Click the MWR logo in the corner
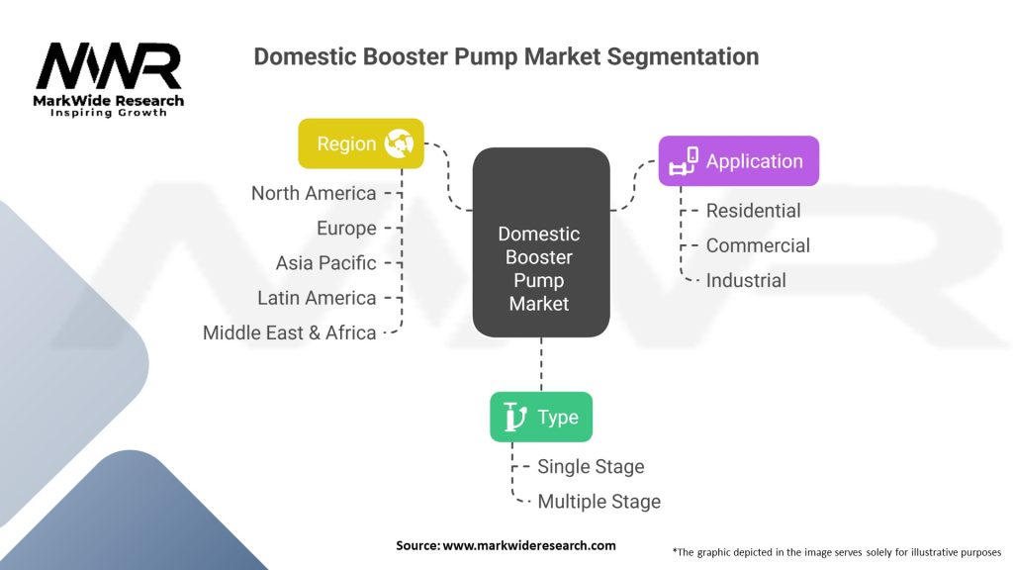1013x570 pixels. click(109, 78)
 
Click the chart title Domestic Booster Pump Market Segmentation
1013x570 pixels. click(506, 56)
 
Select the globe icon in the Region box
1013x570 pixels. click(401, 143)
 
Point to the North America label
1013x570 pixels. click(314, 193)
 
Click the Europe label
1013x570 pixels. click(346, 229)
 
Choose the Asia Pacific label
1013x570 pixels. click(325, 263)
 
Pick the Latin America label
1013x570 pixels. click(317, 298)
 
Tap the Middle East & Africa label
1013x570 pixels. click(289, 333)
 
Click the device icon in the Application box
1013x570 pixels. click(684, 161)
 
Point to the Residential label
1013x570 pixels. click(753, 211)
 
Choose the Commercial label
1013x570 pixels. click(758, 245)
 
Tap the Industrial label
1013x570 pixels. click(746, 281)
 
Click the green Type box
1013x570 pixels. click(541, 417)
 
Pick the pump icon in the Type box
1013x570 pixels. click(514, 417)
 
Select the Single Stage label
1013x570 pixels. click(591, 467)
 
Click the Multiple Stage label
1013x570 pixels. click(599, 502)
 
